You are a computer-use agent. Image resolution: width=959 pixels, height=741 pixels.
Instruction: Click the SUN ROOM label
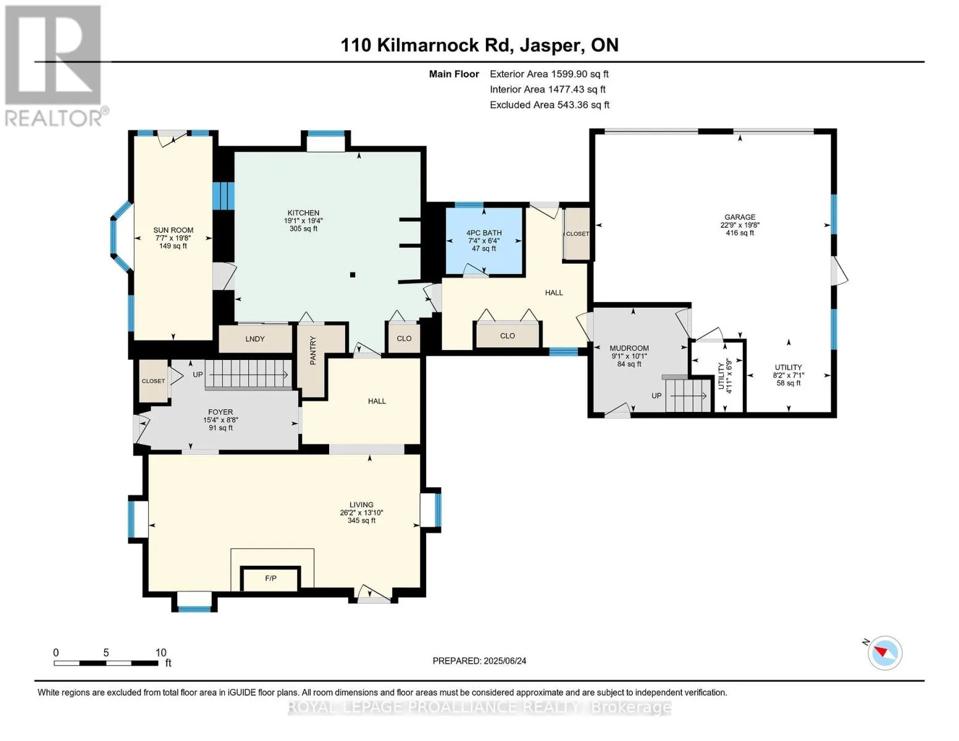click(173, 230)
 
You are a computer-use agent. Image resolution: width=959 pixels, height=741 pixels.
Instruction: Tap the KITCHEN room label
click(303, 212)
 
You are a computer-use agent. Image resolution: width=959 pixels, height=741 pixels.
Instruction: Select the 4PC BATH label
click(484, 233)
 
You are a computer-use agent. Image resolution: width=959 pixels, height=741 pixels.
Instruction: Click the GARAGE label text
click(740, 217)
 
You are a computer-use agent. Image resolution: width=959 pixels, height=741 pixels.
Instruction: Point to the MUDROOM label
click(629, 348)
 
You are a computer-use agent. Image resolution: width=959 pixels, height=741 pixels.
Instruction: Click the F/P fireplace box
click(270, 579)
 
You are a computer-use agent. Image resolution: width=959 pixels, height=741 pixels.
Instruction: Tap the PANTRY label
click(313, 350)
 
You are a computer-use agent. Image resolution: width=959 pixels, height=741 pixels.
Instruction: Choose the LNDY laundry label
click(255, 339)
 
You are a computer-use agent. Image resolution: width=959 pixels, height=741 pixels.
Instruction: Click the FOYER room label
click(220, 412)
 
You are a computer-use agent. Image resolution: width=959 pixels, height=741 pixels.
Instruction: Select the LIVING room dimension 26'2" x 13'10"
click(361, 513)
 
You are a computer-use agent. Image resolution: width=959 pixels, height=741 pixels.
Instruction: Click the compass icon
click(884, 653)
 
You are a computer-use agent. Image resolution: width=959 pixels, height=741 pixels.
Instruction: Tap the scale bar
click(106, 663)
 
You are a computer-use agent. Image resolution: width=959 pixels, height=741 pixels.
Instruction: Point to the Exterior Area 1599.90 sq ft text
click(549, 74)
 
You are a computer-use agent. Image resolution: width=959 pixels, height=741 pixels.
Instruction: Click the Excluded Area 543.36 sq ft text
click(550, 105)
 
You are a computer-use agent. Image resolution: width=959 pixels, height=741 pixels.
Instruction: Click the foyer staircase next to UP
click(248, 375)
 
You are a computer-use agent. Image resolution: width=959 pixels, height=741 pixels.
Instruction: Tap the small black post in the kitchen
click(353, 275)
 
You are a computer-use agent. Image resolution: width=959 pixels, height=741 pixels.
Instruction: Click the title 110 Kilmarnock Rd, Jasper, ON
click(479, 45)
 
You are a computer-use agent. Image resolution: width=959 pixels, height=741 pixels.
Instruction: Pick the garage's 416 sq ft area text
click(740, 233)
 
